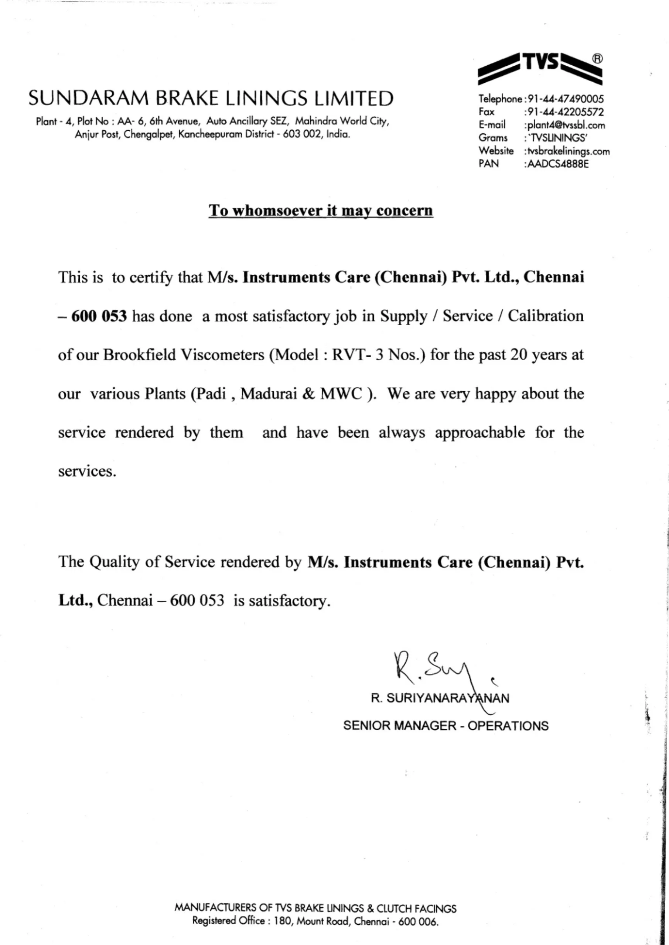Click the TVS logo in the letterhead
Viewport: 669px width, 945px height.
[540, 68]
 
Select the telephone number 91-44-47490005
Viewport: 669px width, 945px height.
[565, 99]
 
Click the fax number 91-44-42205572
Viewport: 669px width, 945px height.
[565, 112]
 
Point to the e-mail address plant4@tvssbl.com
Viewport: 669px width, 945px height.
[566, 125]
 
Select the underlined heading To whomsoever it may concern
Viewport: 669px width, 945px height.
[321, 210]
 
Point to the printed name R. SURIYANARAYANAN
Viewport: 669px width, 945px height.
[440, 698]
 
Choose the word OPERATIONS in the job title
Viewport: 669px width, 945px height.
[508, 726]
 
